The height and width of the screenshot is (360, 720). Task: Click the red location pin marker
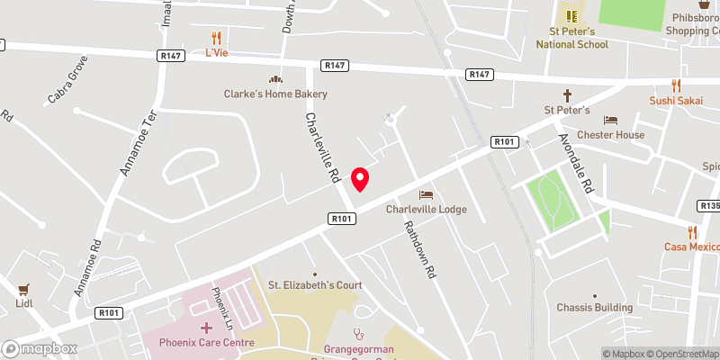click(360, 179)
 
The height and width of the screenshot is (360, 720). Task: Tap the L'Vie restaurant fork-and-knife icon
click(216, 38)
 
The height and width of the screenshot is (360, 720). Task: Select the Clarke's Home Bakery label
click(275, 94)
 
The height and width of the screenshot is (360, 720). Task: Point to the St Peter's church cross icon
click(568, 94)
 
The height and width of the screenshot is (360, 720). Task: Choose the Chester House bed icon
click(611, 120)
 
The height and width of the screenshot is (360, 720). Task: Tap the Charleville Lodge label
click(427, 210)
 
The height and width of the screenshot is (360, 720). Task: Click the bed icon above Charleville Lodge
click(427, 195)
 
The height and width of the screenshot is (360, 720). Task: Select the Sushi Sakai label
click(677, 101)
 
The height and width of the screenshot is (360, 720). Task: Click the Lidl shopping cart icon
click(23, 290)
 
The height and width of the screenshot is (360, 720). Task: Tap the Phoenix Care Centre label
click(206, 343)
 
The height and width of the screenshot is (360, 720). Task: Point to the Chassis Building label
click(594, 308)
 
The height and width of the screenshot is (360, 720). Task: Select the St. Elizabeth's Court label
click(315, 285)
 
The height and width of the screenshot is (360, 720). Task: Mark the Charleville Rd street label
click(321, 144)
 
